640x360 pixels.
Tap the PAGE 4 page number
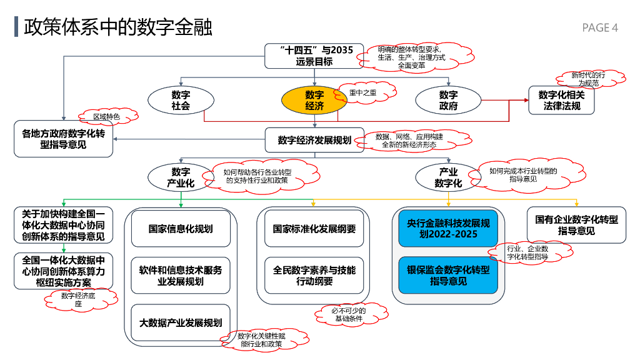point(599,27)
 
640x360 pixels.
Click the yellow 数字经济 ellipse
point(314,101)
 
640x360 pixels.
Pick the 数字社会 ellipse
point(181,101)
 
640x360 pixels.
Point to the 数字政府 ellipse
point(448,101)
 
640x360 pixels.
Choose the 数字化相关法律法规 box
point(561,101)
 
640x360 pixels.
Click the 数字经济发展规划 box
point(314,141)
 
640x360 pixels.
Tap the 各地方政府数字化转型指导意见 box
point(64,139)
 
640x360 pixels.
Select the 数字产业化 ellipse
point(181,177)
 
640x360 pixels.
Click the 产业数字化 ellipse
point(448,177)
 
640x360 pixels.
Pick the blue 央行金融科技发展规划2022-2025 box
point(448,229)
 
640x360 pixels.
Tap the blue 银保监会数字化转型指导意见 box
point(448,276)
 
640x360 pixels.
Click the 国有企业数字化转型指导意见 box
point(576,225)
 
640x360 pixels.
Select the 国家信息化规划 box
point(181,229)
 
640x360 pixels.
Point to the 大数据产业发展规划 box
point(181,322)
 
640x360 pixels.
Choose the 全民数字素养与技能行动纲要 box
point(314,276)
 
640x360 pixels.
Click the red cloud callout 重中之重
point(365,93)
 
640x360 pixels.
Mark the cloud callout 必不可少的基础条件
point(349,314)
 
